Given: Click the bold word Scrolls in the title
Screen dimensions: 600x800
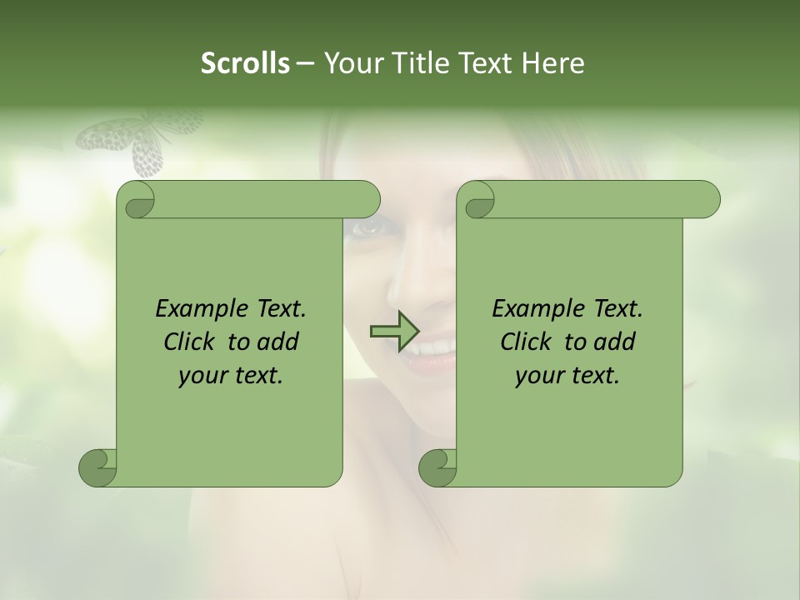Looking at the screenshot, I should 246,63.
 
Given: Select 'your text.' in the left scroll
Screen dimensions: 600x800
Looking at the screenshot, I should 231,376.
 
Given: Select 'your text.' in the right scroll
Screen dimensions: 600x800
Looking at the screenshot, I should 567,376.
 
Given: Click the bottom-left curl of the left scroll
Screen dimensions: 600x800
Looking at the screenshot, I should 98,467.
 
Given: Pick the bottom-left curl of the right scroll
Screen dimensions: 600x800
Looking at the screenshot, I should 437,467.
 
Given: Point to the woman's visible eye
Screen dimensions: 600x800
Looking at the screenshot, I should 365,227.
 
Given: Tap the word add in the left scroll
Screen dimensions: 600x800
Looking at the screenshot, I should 277,342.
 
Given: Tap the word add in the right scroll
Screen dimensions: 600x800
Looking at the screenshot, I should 613,342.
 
